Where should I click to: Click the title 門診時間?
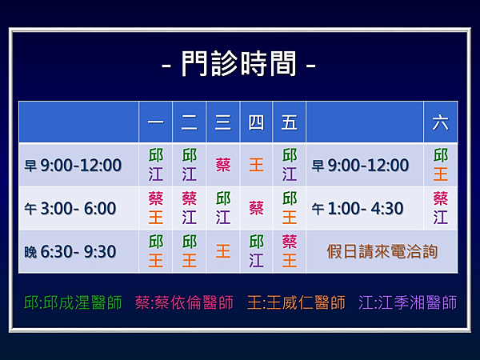238,64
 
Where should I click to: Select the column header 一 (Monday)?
155,122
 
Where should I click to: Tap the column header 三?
223,122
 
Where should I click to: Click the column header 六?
441,122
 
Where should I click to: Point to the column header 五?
290,122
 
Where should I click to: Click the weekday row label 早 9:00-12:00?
73,165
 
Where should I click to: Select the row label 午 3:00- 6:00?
70,209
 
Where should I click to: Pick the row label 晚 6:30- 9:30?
70,252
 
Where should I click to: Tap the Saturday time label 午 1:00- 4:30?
358,209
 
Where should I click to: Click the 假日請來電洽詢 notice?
382,252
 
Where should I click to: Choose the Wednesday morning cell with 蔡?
223,165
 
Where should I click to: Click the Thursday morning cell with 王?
256,165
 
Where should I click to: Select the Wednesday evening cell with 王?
223,252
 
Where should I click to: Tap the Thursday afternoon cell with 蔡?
256,209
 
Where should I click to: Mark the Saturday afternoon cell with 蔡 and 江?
441,208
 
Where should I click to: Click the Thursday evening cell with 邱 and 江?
256,251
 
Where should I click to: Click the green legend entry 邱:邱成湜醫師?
73,302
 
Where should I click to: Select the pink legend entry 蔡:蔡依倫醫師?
184,302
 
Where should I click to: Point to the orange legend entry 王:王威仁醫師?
296,302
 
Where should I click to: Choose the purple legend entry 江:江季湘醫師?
408,302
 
